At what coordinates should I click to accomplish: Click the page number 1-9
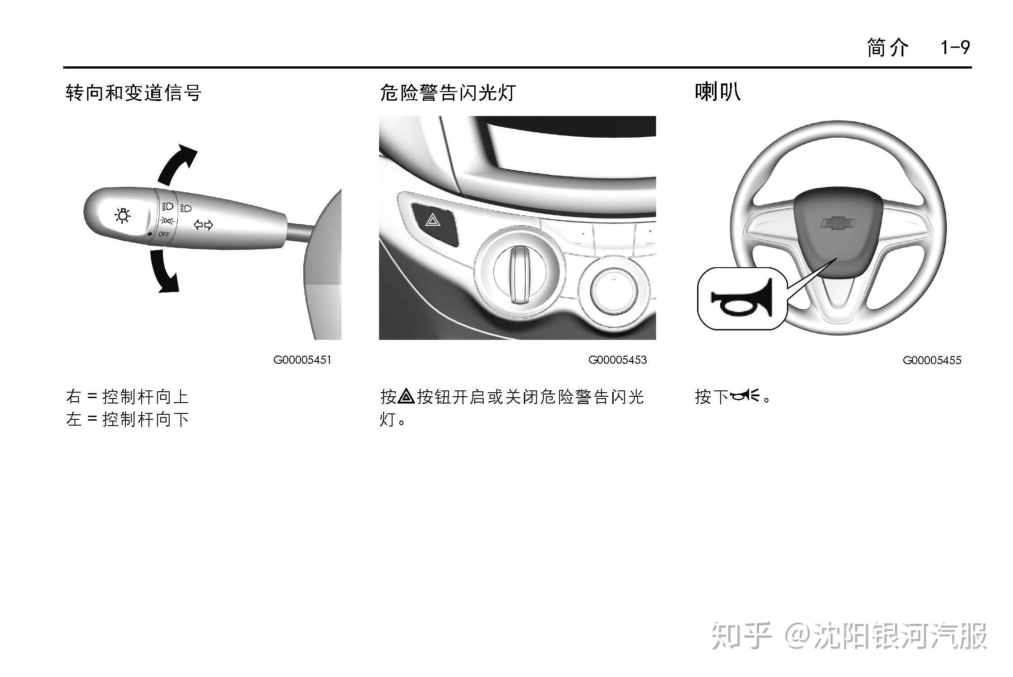(x=955, y=47)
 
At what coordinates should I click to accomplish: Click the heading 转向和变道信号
(x=134, y=93)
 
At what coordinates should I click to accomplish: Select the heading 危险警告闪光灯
(x=448, y=93)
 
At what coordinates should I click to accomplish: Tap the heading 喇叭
(x=717, y=92)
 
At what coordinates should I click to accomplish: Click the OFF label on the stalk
(x=163, y=235)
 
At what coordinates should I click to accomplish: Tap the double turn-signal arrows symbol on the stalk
(x=203, y=224)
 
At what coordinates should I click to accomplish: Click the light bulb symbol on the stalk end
(x=123, y=216)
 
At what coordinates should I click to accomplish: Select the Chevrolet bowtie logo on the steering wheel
(x=837, y=223)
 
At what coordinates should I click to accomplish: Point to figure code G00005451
(x=302, y=360)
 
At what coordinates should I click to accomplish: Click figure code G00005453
(x=617, y=360)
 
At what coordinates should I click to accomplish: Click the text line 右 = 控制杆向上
(x=127, y=397)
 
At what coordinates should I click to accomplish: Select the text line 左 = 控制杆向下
(x=127, y=420)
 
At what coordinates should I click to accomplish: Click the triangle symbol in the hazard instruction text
(x=407, y=396)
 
